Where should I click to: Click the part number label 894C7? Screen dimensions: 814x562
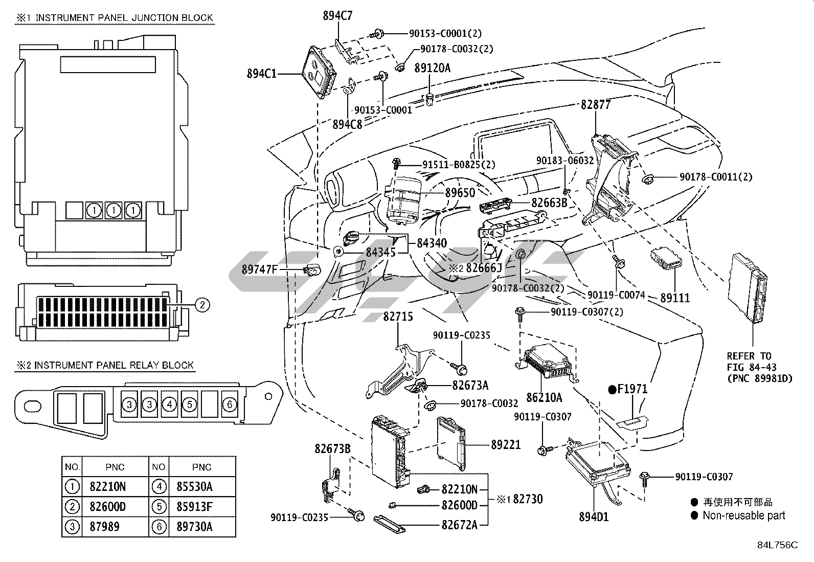337,16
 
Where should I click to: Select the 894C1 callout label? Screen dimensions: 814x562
262,74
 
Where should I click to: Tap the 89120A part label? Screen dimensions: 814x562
433,68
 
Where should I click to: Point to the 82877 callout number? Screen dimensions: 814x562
596,105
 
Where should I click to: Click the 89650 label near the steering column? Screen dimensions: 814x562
460,193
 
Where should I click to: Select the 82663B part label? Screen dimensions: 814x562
550,203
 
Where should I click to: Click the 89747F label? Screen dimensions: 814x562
259,269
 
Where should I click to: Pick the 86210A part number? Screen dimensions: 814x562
545,398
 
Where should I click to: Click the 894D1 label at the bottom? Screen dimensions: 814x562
594,517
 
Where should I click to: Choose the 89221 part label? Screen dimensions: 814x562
506,444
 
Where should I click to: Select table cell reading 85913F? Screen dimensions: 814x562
194,507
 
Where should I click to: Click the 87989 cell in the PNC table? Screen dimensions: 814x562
105,527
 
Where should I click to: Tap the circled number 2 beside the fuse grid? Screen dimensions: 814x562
202,305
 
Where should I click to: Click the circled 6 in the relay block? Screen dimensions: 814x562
229,404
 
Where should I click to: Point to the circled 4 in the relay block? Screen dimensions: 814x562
169,404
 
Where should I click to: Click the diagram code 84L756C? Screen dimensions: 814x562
777,545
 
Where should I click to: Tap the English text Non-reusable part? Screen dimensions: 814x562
744,515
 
